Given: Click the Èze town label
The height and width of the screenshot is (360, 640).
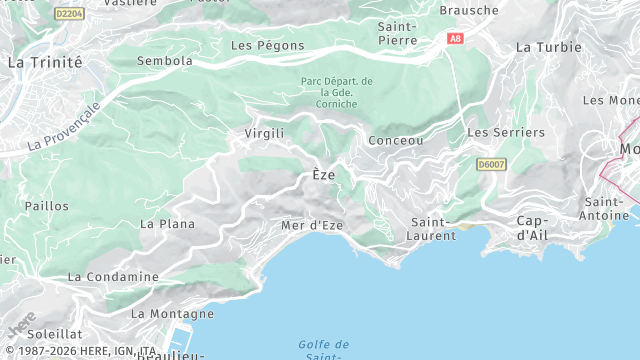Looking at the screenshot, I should pos(323,175).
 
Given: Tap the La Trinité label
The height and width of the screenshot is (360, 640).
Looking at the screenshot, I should pos(44,62).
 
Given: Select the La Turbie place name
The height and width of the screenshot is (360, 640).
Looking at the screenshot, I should pos(548,47).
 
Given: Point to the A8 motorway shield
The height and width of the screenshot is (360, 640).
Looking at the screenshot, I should pos(456,39).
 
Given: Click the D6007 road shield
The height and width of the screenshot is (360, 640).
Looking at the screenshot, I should pos(491,163).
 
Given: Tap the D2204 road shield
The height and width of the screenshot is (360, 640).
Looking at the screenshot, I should pos(70,14).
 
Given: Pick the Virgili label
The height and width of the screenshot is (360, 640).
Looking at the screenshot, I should pos(265,133).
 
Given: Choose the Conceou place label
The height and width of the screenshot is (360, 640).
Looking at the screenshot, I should pos(396,141).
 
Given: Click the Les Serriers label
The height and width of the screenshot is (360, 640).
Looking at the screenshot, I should pos(506,132).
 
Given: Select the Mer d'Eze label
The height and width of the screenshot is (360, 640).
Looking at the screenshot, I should pos(312,225).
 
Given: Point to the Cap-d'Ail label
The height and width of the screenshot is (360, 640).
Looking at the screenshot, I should pos(537,227).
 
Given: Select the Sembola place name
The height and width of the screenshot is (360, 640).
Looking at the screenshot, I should pos(164,61).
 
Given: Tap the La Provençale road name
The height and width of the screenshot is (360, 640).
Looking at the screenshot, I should pos(64,126).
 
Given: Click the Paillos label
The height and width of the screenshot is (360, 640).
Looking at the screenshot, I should pos(47,206).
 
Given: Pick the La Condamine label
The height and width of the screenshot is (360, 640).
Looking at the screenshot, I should pos(113,276).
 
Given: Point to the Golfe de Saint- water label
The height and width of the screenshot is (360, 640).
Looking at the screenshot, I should pos(323,350).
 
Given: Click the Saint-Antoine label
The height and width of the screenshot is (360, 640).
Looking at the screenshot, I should pos(606,208).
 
